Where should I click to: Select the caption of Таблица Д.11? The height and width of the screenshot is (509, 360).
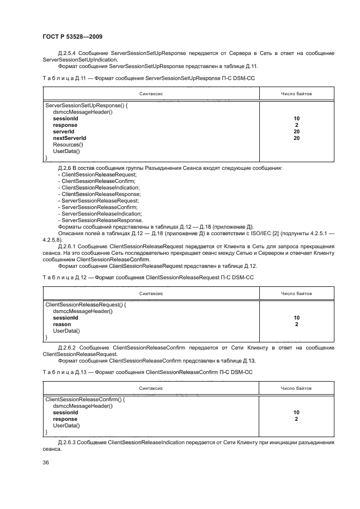(x=148, y=78)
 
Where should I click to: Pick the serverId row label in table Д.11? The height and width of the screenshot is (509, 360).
(x=63, y=132)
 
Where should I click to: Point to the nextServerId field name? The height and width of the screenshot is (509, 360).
(x=69, y=138)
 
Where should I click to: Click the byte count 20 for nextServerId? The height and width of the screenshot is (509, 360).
(x=296, y=138)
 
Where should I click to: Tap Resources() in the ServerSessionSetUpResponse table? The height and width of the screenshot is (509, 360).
(x=68, y=145)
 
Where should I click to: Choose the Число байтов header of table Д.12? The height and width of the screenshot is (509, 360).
(x=296, y=293)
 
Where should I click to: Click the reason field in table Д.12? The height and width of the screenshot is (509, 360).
(x=62, y=324)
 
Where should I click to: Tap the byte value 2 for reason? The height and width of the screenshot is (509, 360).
(x=296, y=324)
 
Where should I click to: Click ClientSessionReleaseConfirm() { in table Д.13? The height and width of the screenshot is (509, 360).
(x=85, y=400)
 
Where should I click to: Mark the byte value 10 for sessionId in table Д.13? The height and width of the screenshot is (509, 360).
(x=296, y=413)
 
